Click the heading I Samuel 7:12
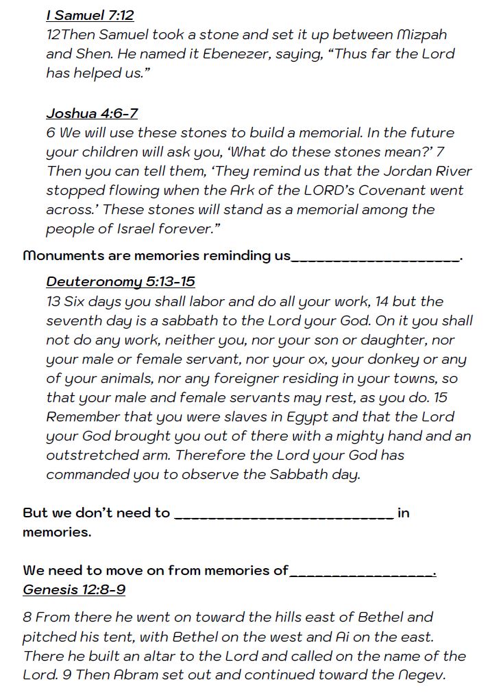pyautogui.click(x=90, y=14)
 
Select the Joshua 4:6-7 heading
pyautogui.click(x=92, y=113)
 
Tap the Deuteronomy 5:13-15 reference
pyautogui.click(x=121, y=281)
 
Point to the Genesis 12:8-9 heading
pyautogui.click(x=74, y=589)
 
